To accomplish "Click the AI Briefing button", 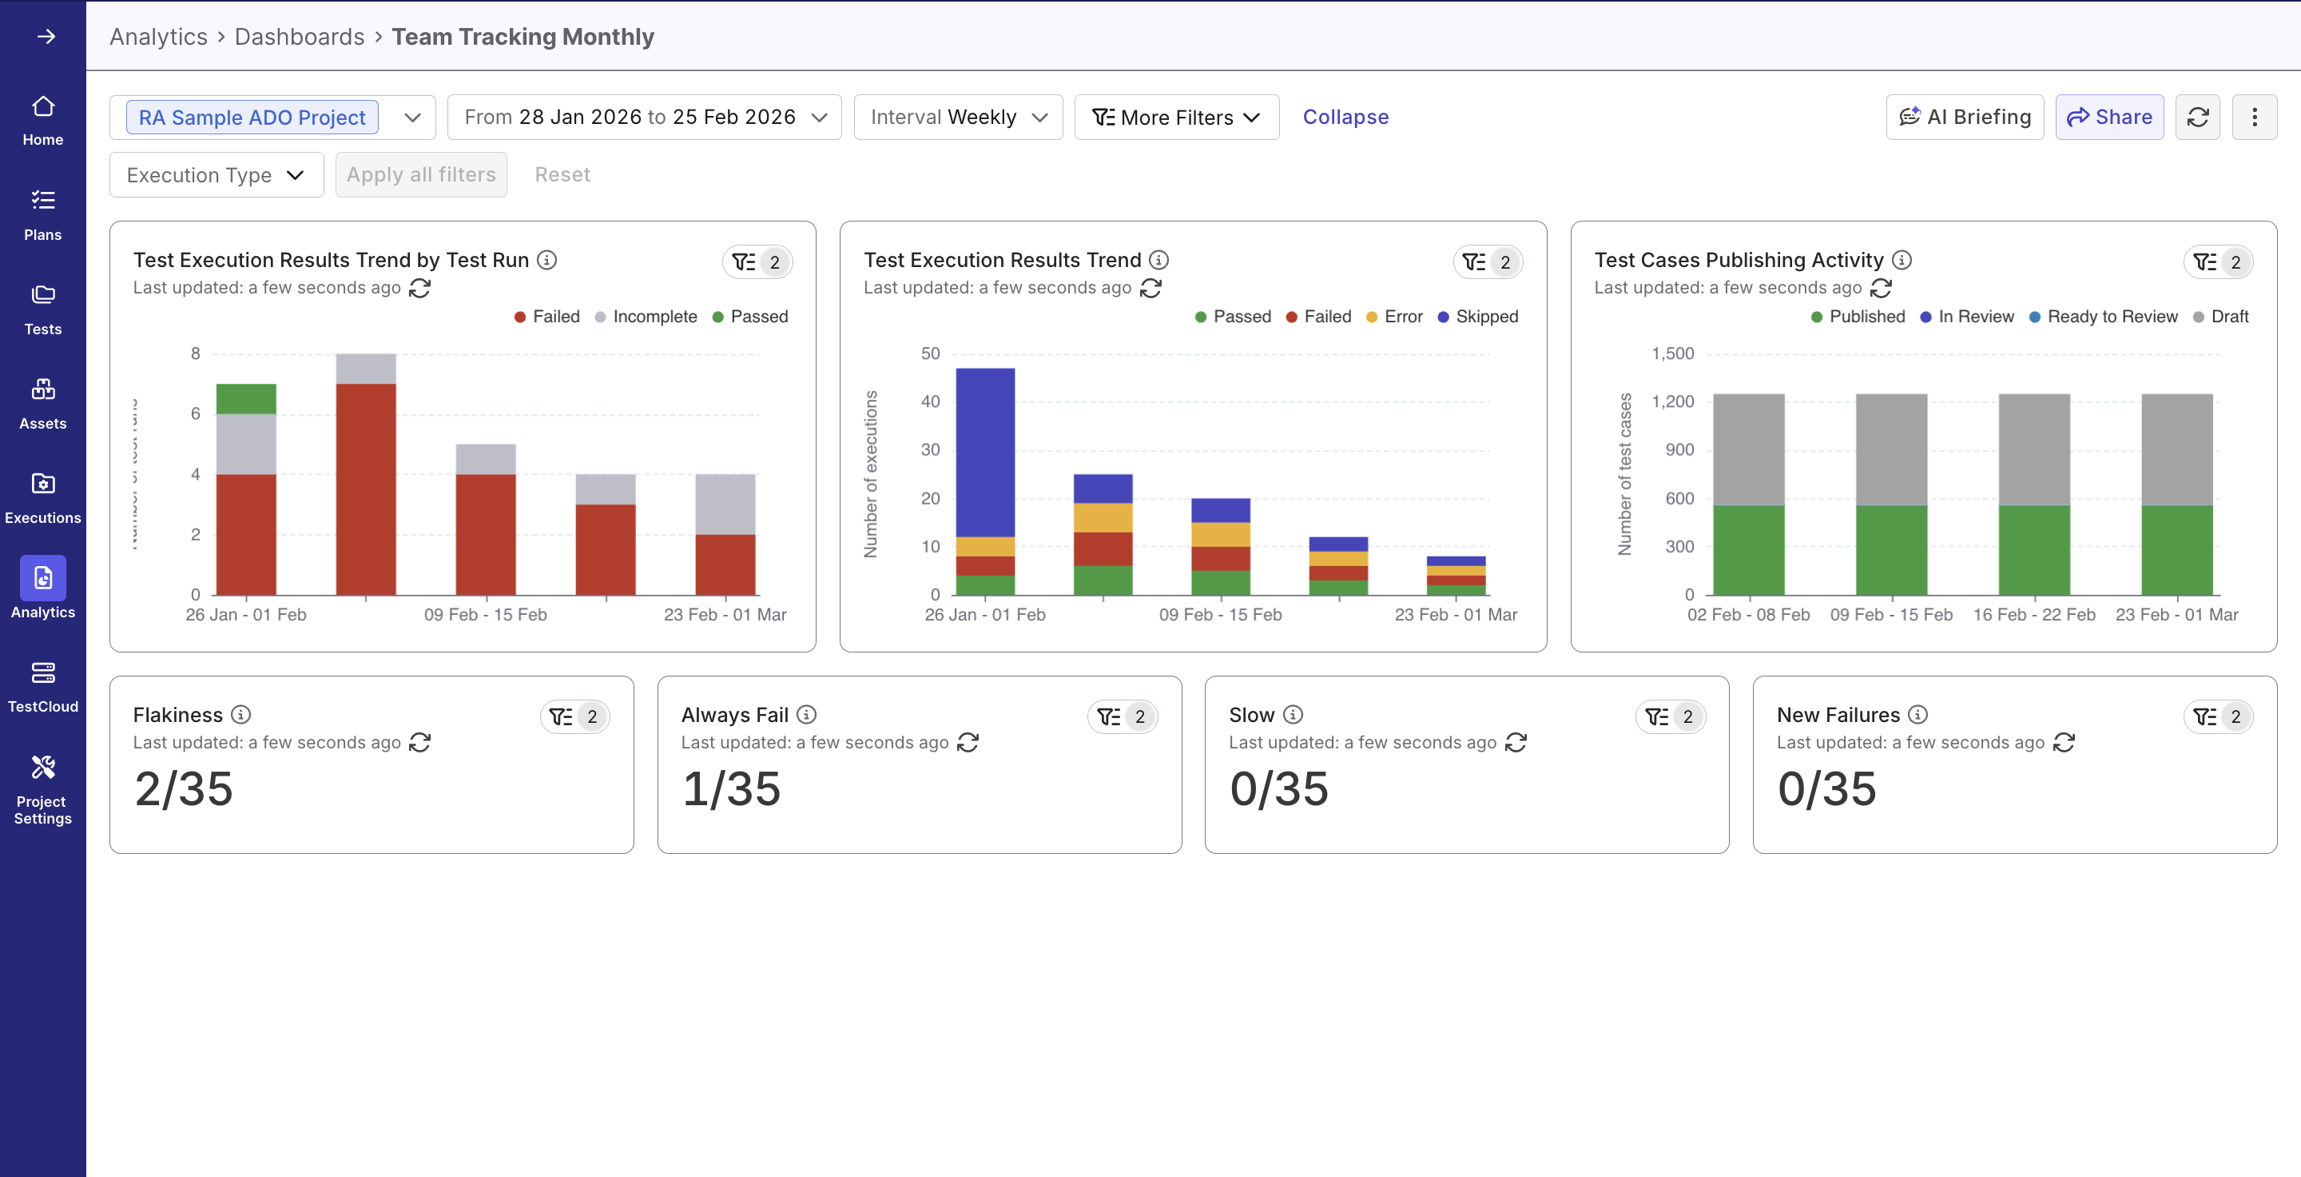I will (x=1965, y=117).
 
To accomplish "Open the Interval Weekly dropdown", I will (x=958, y=117).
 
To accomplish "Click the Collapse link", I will (x=1345, y=117).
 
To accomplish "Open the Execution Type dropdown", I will (x=215, y=175).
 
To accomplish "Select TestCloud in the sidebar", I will (x=43, y=686).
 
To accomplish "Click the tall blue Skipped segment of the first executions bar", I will (x=984, y=451).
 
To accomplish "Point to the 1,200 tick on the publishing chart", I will (x=1672, y=401).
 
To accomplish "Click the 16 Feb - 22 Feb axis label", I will (x=2033, y=615).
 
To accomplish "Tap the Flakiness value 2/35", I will (x=184, y=789).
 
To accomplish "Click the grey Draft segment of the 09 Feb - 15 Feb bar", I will (x=1891, y=449).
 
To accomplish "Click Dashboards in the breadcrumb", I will (x=300, y=37).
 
